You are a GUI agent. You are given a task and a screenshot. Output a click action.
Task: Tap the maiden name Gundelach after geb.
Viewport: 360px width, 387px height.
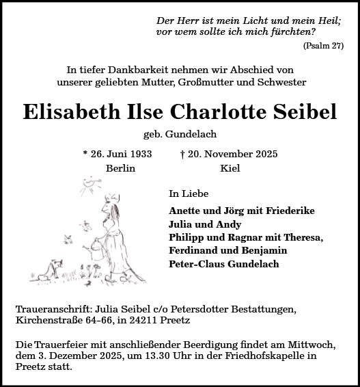pyautogui.click(x=203, y=133)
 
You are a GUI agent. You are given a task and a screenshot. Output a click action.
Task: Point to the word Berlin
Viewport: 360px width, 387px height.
pyautogui.click(x=121, y=168)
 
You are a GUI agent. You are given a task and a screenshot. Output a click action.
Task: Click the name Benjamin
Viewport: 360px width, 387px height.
pyautogui.click(x=253, y=250)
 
